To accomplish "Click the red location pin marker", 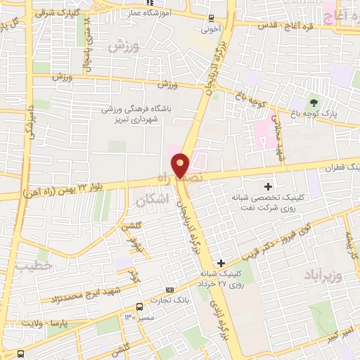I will (181, 165).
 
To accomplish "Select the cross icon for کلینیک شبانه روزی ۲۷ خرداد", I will (221, 262).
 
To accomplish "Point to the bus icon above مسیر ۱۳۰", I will (139, 307).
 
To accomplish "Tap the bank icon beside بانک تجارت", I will (169, 290).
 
